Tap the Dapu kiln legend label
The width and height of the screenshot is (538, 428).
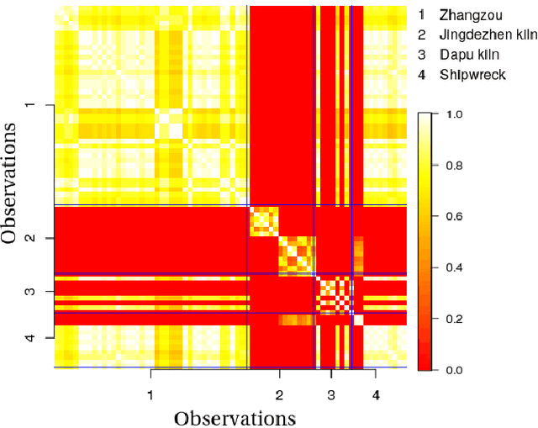(x=469, y=55)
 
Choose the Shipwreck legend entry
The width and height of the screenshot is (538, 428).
(x=471, y=75)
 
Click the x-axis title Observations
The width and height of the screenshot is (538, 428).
(x=235, y=417)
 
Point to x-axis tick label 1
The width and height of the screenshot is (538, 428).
(x=150, y=394)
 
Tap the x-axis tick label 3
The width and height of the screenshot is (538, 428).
(x=331, y=394)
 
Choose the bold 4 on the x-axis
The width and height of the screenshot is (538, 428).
(x=376, y=394)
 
